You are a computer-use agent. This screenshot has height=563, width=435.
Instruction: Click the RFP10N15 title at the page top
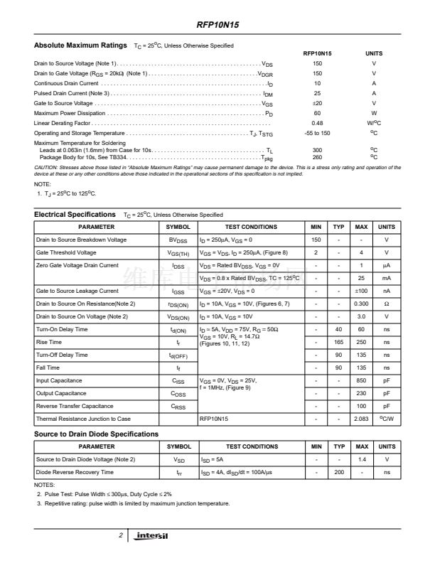tap(217, 24)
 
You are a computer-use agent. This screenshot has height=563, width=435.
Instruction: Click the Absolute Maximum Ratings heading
tap(80, 45)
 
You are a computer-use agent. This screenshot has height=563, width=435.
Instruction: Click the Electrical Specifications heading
tap(75, 214)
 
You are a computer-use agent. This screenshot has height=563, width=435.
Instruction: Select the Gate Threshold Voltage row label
tap(66, 252)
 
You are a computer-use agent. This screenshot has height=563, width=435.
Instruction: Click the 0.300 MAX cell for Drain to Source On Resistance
tap(361, 304)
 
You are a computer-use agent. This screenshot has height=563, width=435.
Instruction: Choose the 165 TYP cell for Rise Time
tap(339, 342)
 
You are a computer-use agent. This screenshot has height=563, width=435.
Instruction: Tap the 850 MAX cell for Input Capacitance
tap(361, 380)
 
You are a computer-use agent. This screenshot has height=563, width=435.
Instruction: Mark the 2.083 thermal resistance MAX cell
tap(361, 419)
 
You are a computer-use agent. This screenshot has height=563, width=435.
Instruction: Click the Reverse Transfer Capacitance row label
tap(76, 406)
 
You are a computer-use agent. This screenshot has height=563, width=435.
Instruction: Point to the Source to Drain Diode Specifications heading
tap(96, 434)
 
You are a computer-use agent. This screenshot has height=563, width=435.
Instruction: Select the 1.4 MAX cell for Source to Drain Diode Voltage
tap(361, 459)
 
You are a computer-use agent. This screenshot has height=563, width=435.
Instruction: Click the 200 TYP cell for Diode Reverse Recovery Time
tap(339, 472)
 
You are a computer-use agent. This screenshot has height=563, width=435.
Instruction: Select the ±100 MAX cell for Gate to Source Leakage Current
tap(361, 291)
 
